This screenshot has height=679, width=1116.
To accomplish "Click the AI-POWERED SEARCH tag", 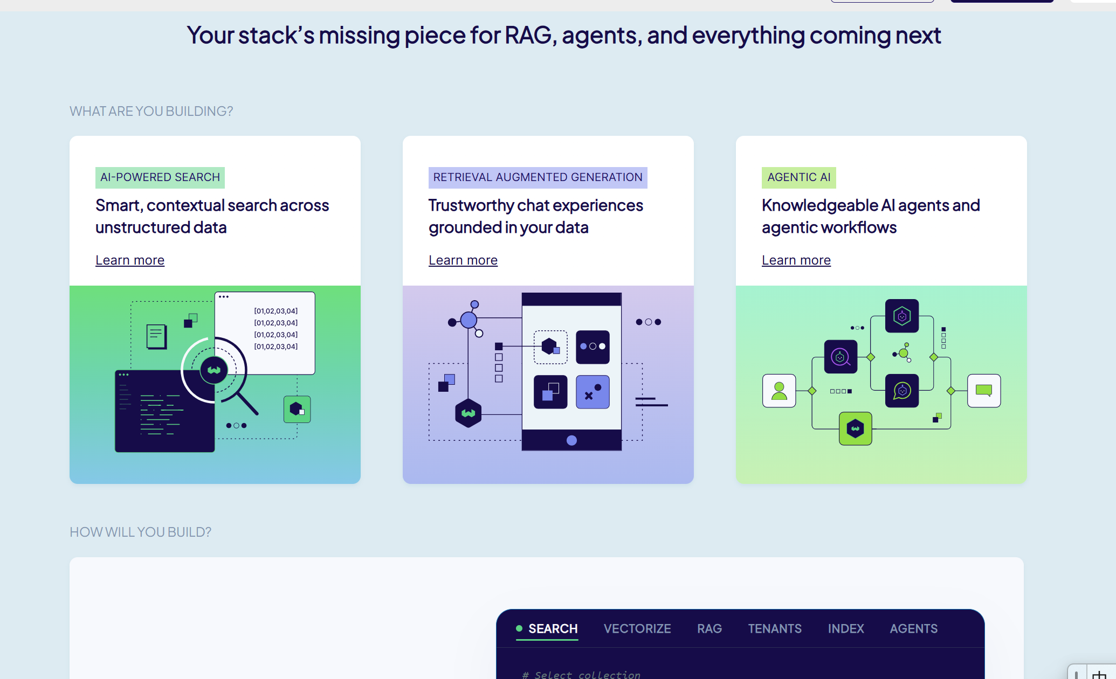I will tap(160, 177).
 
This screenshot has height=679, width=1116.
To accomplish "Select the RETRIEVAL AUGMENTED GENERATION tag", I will tap(538, 177).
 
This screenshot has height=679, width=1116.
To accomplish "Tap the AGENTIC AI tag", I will tap(798, 177).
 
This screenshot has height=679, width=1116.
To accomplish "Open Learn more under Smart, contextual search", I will tap(130, 260).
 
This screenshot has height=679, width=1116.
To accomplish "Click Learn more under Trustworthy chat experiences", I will tap(463, 260).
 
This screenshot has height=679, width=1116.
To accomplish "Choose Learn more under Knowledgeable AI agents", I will tap(796, 260).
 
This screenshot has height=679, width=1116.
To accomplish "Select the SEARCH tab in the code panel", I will tap(553, 629).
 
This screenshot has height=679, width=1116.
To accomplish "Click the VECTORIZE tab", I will tap(637, 629).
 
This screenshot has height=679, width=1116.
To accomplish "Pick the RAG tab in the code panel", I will tap(709, 629).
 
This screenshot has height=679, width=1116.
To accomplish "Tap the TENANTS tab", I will tap(775, 629).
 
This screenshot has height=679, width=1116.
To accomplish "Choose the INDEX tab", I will tap(846, 629).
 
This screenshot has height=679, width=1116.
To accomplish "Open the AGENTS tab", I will tap(914, 629).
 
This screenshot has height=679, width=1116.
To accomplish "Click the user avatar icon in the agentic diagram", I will tap(779, 391).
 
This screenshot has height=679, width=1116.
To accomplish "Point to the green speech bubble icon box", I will tap(984, 391).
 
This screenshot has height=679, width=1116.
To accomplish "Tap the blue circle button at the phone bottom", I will tap(572, 440).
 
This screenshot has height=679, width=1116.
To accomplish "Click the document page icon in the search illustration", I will tap(156, 337).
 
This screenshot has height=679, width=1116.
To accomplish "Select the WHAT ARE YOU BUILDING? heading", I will tap(151, 112).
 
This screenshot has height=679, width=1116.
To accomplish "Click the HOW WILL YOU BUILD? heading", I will tap(141, 532).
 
